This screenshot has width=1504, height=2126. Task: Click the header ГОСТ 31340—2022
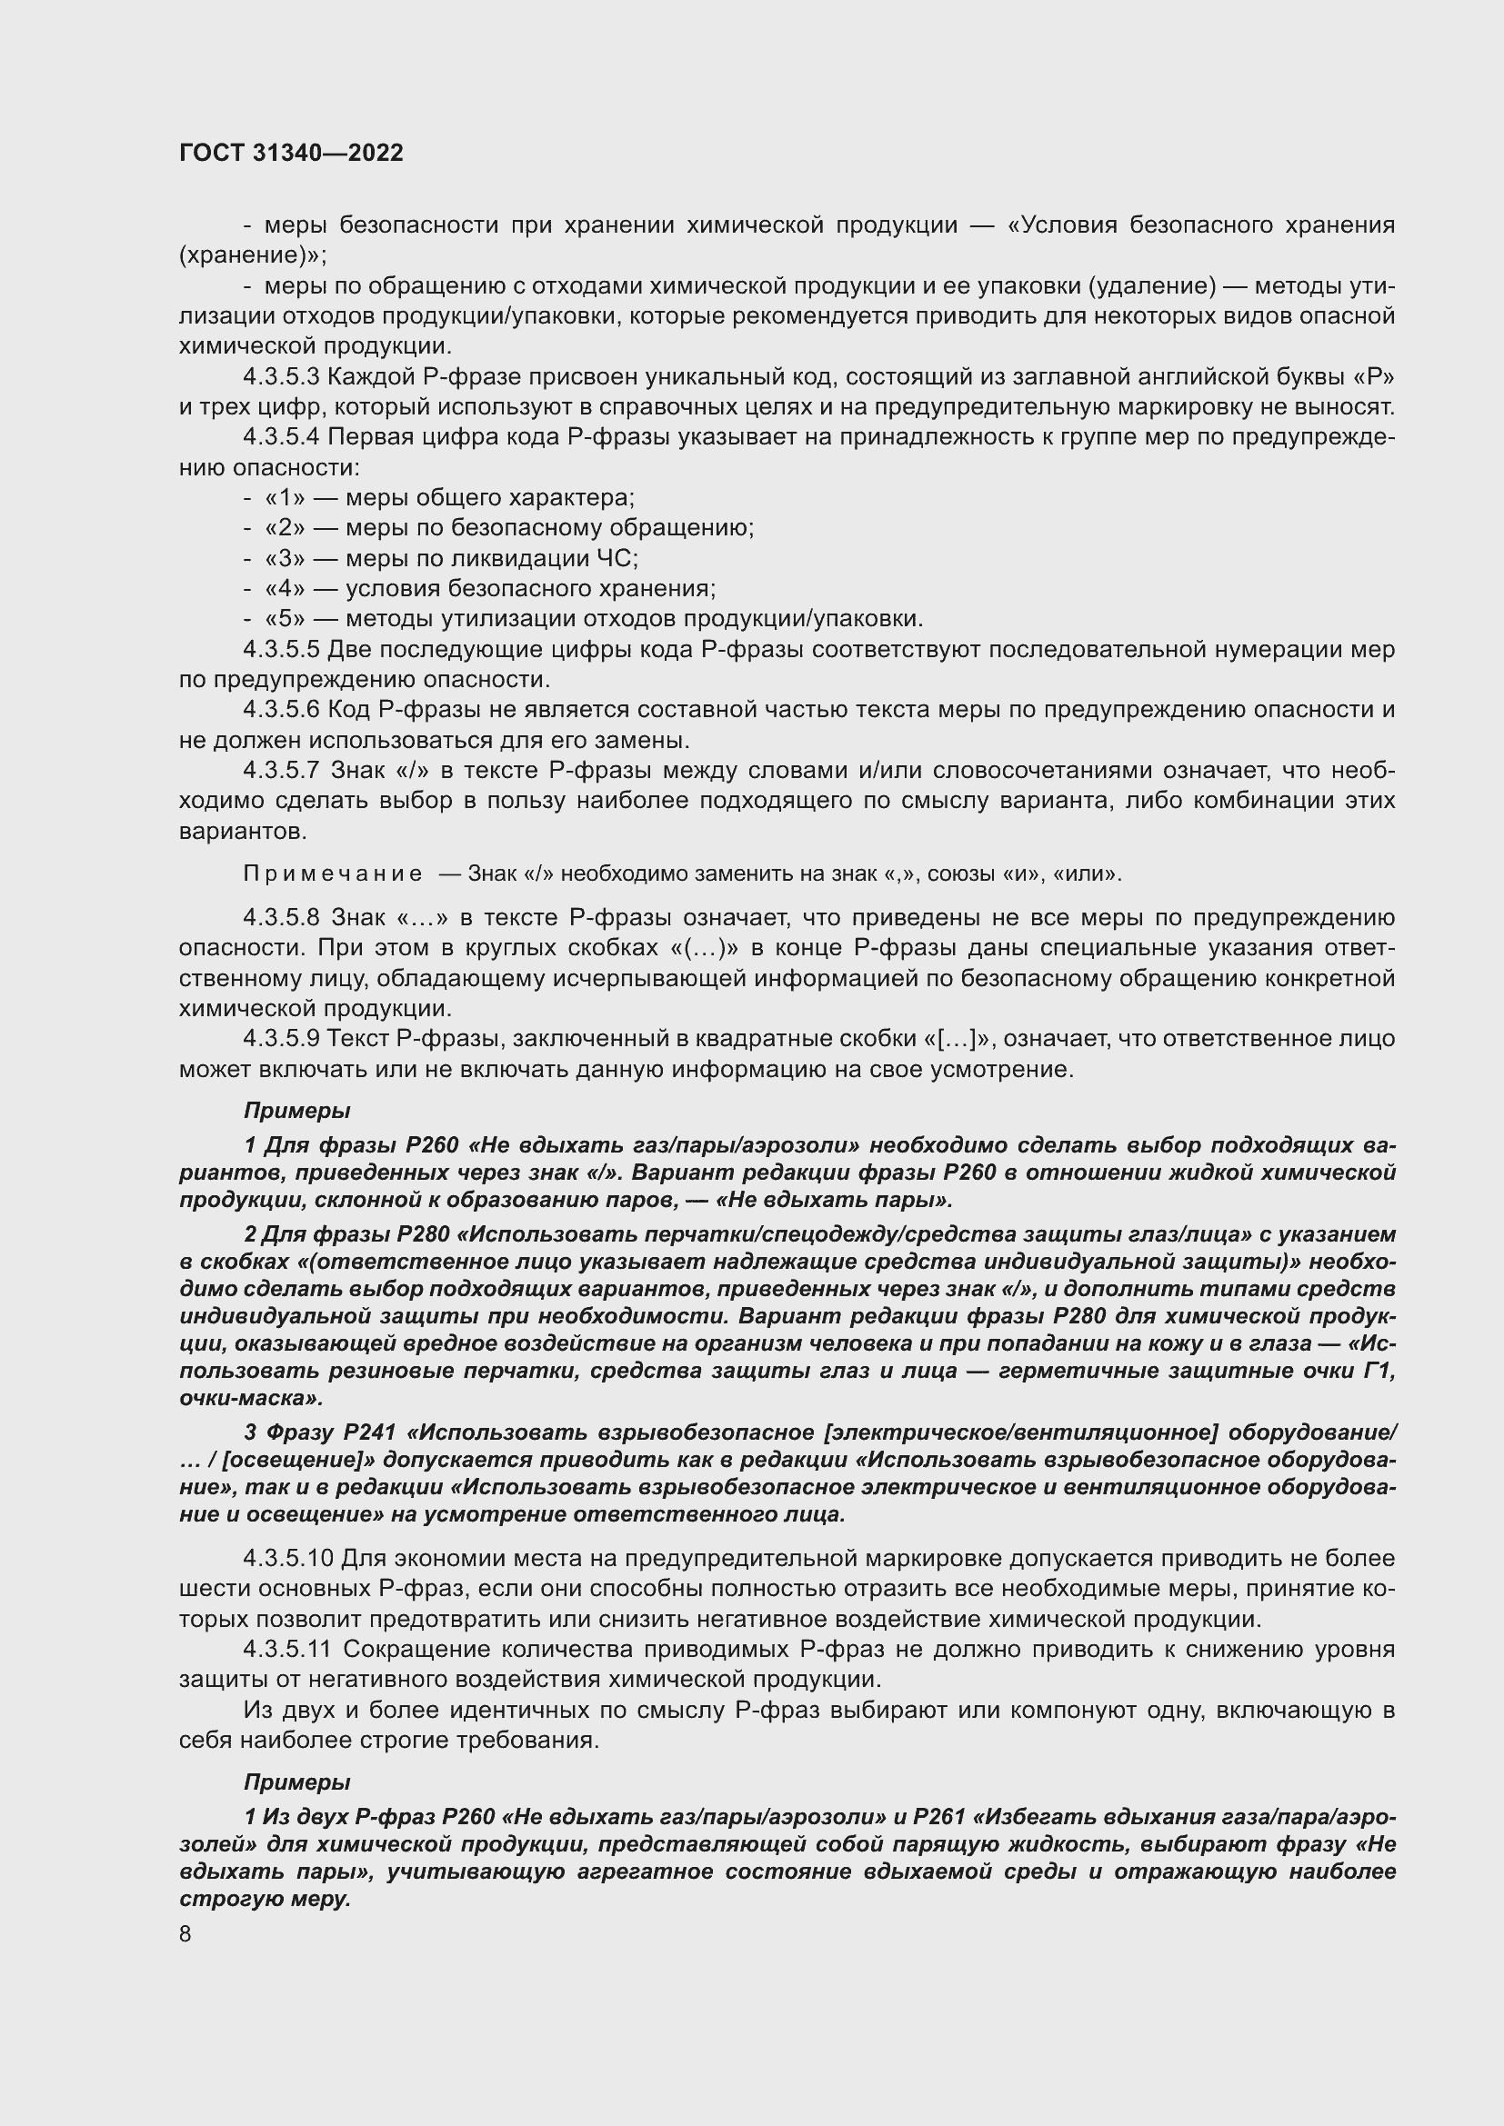coord(291,153)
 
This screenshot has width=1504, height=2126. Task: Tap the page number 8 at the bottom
coord(185,1933)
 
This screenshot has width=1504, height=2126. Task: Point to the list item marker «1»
coord(286,498)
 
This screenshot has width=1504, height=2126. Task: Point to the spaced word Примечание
coord(333,874)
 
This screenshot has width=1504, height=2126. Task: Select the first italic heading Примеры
coord(296,1110)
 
